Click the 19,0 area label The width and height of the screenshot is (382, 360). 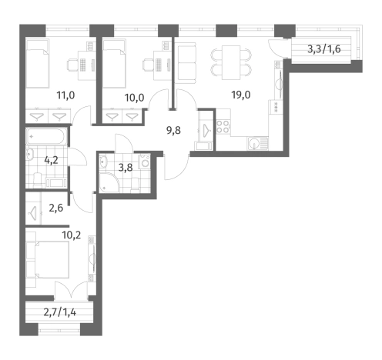(241, 95)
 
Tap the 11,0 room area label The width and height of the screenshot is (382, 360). (65, 95)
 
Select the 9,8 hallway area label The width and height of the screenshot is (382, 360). (173, 131)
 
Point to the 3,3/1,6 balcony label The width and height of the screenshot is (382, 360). (324, 48)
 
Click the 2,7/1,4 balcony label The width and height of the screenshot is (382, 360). (60, 312)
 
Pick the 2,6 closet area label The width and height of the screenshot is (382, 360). (55, 208)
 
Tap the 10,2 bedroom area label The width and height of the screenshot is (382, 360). (72, 235)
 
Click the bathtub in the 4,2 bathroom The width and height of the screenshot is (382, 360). (46, 137)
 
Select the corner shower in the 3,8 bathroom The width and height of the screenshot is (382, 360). (109, 182)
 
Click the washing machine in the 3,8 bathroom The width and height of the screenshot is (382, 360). (144, 161)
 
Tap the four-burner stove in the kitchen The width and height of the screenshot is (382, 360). (223, 127)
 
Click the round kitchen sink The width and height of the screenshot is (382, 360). (254, 143)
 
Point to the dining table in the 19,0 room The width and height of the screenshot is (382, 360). (231, 63)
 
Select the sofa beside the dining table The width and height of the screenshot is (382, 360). (186, 63)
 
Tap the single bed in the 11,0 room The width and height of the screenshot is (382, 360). (38, 64)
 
